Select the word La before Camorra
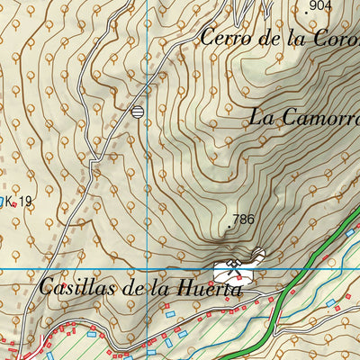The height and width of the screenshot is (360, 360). click(261, 117)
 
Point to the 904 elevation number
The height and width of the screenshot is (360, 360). click(319, 6)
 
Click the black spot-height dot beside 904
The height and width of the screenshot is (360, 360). click(309, 11)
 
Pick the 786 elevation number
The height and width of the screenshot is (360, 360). click(242, 220)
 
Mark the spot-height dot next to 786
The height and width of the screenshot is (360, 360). click(230, 229)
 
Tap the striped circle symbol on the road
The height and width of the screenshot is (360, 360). click(137, 112)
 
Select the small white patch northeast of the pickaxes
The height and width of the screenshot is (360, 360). click(259, 254)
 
